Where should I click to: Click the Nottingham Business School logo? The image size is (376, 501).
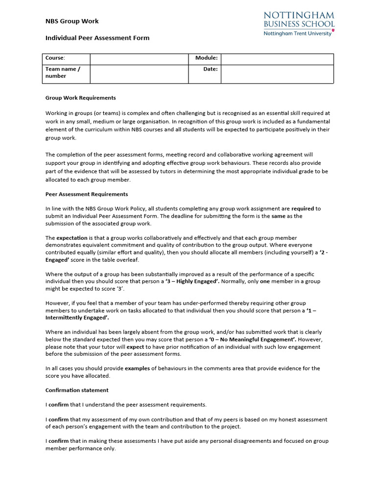click(299, 24)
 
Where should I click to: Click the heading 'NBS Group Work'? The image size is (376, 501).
click(72, 21)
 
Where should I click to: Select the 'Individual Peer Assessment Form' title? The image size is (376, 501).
click(97, 38)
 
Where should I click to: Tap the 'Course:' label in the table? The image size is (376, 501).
click(55, 58)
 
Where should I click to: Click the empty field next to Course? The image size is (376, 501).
click(140, 59)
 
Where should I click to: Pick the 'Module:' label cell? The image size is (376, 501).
click(206, 58)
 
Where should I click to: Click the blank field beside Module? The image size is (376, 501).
click(277, 59)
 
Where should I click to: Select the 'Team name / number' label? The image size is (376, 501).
click(63, 73)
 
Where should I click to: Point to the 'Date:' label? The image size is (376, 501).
click(211, 69)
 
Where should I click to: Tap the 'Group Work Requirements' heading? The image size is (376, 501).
click(81, 98)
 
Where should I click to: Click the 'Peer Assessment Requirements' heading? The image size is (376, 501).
click(87, 194)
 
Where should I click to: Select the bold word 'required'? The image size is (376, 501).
click(303, 208)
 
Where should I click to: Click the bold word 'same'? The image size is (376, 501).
click(278, 216)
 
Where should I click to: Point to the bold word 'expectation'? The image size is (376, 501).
click(71, 238)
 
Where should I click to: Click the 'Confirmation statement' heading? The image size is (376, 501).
click(77, 390)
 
